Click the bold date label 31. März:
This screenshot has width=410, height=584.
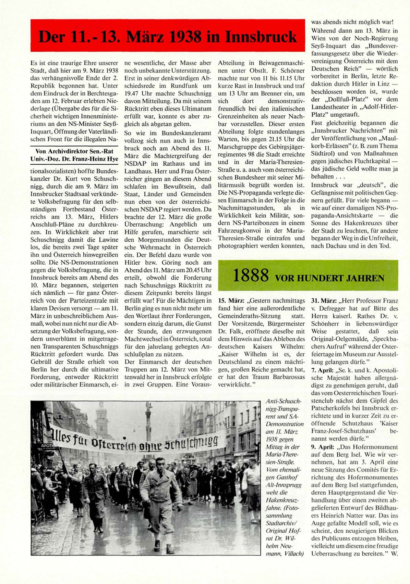click(x=324, y=301)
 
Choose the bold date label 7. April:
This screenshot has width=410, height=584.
click(x=322, y=370)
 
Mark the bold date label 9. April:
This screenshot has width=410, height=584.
click(x=322, y=447)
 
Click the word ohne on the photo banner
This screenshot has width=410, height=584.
click(x=151, y=445)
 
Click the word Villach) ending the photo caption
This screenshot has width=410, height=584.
click(x=294, y=553)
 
